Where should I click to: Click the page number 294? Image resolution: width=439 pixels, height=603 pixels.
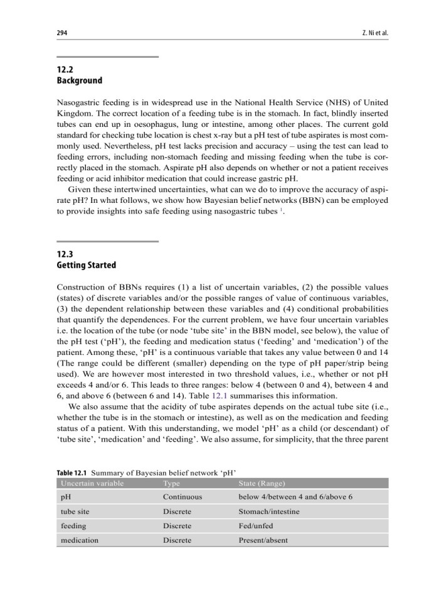click(x=62, y=32)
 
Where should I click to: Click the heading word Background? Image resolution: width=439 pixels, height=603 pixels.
click(x=79, y=80)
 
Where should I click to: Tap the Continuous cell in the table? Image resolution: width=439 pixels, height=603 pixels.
click(x=182, y=497)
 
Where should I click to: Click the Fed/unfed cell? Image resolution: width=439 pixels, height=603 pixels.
click(x=256, y=526)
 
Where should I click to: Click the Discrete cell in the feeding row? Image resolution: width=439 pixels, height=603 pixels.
click(x=177, y=526)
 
